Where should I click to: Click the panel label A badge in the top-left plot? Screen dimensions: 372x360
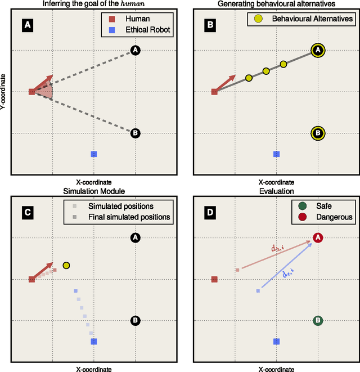click(x=26, y=24)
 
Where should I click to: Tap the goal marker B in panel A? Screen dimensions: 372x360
click(x=135, y=133)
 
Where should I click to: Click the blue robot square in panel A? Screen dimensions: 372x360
click(x=94, y=154)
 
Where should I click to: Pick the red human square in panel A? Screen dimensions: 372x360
click(x=31, y=92)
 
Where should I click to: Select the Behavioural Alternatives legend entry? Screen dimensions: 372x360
click(x=304, y=19)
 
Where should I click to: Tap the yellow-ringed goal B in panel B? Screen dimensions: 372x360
click(x=318, y=133)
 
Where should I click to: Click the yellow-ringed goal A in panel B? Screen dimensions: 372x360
click(x=318, y=51)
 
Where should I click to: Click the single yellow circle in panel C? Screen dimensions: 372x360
click(x=66, y=265)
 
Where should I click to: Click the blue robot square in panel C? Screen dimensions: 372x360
click(x=94, y=341)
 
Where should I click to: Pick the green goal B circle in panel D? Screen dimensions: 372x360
click(x=318, y=321)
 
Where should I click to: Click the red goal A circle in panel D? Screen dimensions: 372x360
click(x=318, y=238)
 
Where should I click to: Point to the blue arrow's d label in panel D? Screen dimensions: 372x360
click(x=287, y=272)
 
